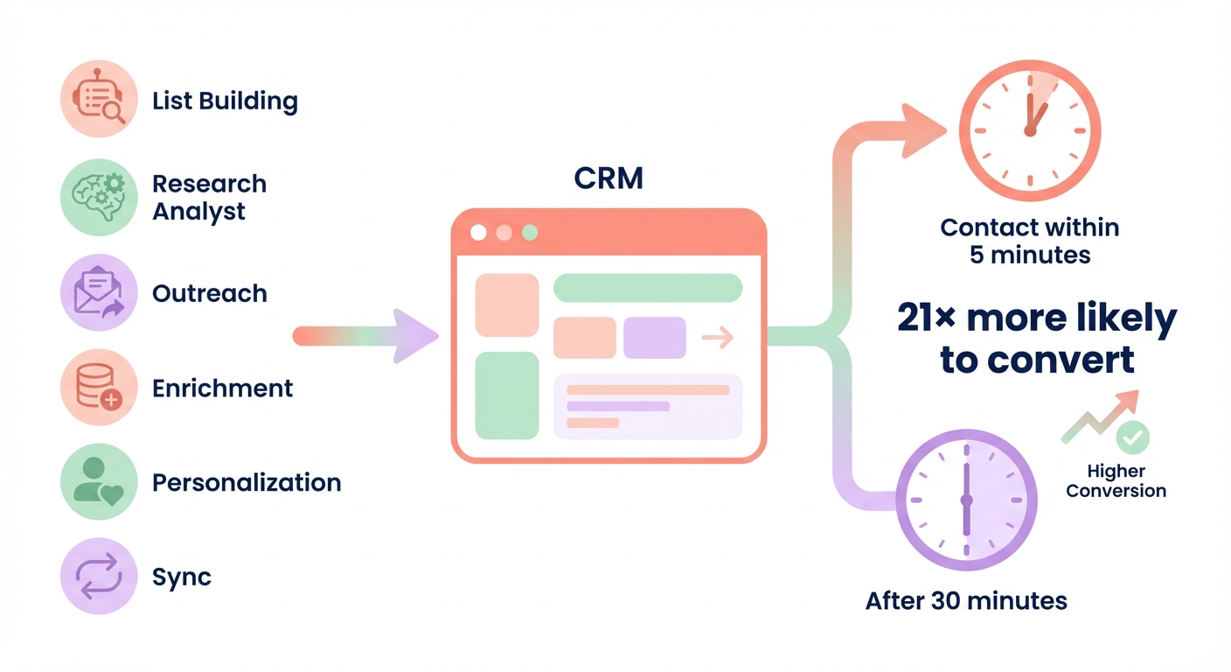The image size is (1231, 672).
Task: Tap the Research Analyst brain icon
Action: point(99,197)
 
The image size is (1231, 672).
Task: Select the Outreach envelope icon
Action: point(99,292)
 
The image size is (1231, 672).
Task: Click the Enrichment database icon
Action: point(99,388)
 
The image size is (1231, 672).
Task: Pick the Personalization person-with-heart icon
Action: point(99,482)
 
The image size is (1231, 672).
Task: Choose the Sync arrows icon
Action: point(99,577)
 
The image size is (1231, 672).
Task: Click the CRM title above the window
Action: point(609,178)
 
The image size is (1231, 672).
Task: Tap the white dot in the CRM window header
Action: point(478,233)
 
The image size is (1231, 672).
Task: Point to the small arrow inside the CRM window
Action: point(717,338)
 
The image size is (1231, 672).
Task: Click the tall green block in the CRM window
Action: point(507,395)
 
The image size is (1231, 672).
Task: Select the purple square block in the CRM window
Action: point(655,338)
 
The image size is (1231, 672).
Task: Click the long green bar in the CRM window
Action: point(648,287)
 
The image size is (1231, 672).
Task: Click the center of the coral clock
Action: point(1030,131)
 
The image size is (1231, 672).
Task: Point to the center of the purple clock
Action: point(966,500)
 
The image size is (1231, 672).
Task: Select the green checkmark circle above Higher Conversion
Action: point(1134,436)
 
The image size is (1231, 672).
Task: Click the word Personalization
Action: point(247,483)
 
